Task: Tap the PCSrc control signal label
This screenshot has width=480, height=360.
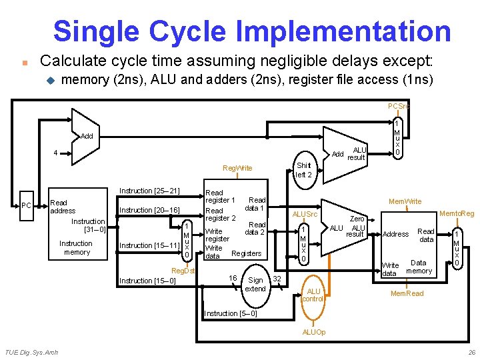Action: [x=399, y=106]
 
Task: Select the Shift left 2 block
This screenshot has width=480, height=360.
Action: [x=303, y=170]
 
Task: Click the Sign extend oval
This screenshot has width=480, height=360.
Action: [x=255, y=285]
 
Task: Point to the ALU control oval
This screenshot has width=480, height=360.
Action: [x=313, y=295]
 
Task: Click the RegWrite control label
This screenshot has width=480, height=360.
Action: [x=237, y=168]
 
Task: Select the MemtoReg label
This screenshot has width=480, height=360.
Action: [x=456, y=213]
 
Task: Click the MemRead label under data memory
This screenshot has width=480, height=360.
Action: [x=407, y=293]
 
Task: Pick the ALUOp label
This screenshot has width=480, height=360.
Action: [x=314, y=331]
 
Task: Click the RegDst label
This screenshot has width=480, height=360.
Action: [x=183, y=271]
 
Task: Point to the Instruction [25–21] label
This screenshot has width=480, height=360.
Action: [x=149, y=191]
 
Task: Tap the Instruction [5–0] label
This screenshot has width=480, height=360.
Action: [x=230, y=313]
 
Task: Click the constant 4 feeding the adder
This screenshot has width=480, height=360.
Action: [x=55, y=153]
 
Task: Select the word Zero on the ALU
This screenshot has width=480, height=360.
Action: [x=357, y=218]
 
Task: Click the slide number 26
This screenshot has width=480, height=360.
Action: [x=471, y=352]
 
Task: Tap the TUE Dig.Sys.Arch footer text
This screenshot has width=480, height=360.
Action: [x=31, y=352]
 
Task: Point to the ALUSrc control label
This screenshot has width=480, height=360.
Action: [x=305, y=214]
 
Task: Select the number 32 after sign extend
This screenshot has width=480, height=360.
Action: [x=278, y=277]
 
